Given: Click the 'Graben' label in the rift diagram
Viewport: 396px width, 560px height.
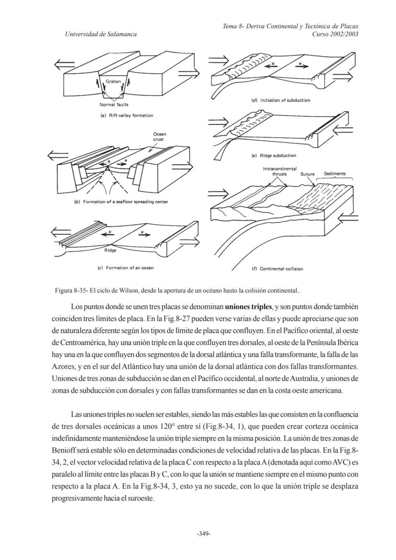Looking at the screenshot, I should click(113, 81).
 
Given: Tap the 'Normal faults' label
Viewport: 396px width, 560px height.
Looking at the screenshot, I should click(113, 104).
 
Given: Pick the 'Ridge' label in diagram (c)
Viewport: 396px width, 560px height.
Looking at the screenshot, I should click(110, 250).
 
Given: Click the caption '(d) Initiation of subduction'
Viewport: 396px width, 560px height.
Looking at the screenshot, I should click(280, 100).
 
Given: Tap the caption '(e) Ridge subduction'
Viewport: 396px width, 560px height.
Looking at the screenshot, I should click(274, 155).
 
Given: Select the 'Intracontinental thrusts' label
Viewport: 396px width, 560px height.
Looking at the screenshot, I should click(279, 171).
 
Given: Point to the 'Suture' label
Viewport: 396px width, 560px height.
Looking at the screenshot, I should click(307, 174).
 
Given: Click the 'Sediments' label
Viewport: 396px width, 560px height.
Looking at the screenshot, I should click(335, 174).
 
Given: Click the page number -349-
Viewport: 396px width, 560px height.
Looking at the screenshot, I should click(204, 534).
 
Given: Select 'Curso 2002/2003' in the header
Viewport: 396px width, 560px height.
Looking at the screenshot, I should click(335, 34).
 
